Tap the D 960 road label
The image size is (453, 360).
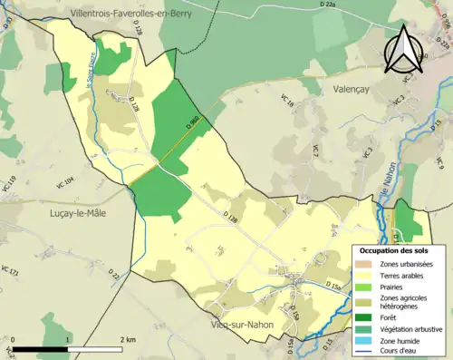191,121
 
